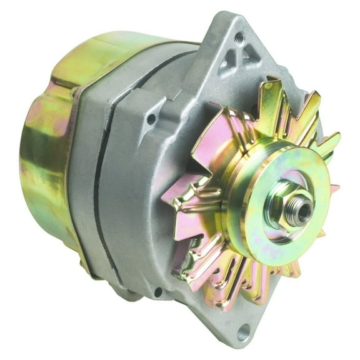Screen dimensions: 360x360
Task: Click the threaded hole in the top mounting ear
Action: (x=239, y=37)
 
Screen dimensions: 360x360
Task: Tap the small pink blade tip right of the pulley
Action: (x=334, y=187)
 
